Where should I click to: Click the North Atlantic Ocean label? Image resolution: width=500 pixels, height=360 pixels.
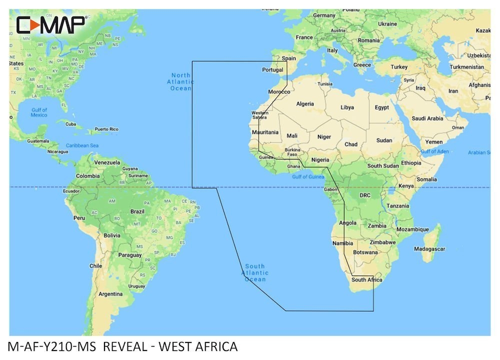click(180, 81)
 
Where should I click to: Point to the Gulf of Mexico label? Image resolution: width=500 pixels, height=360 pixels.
click(38, 112)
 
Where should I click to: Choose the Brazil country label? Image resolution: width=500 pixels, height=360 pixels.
click(137, 211)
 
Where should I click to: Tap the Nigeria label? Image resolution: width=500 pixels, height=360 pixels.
click(320, 160)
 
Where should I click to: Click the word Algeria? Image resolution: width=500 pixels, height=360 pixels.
click(305, 104)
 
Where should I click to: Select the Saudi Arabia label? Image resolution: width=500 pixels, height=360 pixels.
click(427, 118)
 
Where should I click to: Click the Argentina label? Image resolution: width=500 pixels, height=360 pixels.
click(110, 294)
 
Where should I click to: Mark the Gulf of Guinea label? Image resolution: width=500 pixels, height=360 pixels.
click(308, 176)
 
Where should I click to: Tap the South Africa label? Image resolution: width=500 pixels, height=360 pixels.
click(366, 280)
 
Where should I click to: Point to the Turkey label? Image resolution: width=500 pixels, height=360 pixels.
click(399, 67)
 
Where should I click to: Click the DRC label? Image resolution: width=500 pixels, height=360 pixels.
click(365, 195)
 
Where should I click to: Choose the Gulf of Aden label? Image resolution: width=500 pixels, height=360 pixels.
click(435, 151)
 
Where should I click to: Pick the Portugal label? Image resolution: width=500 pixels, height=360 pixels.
click(273, 70)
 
